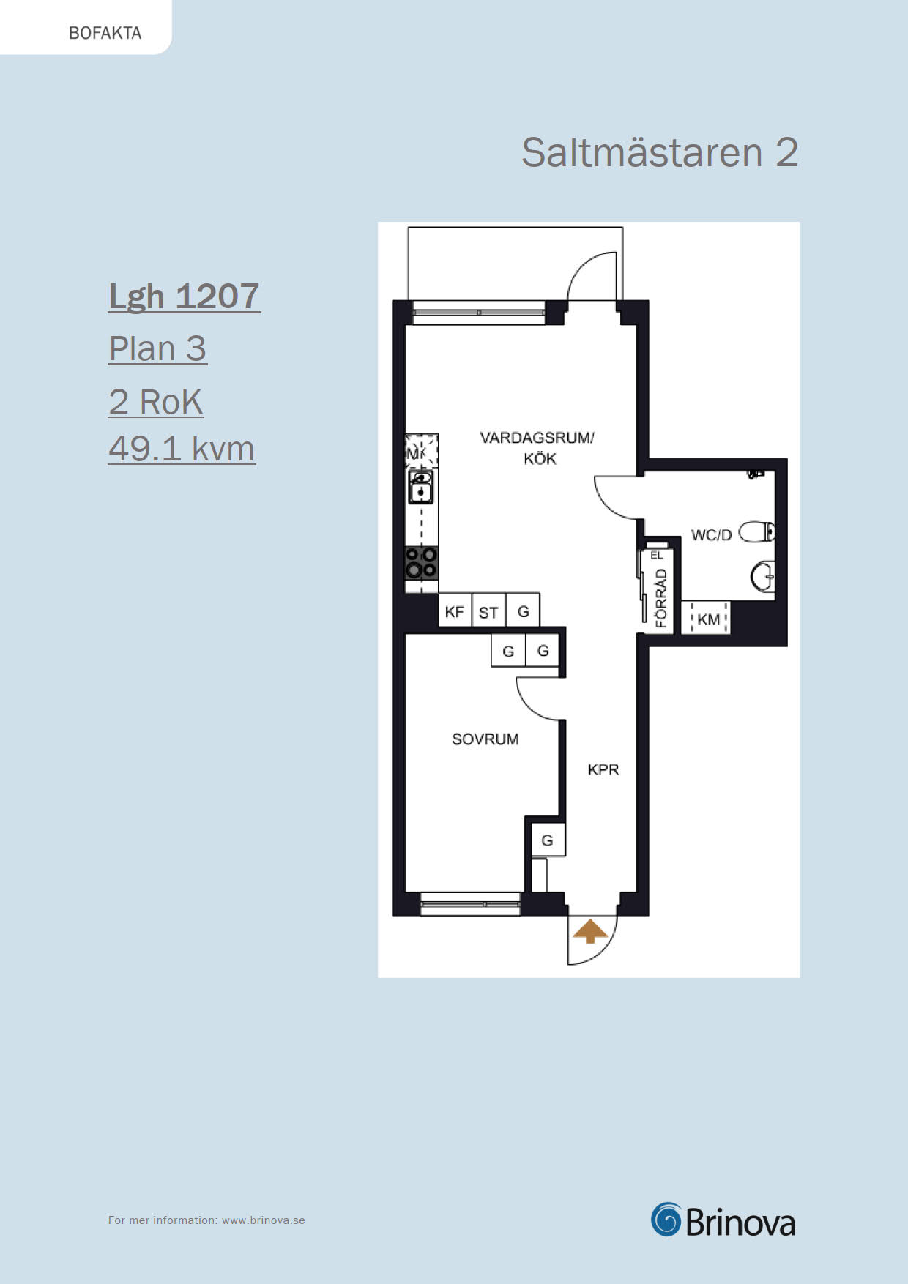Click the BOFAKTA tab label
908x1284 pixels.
[x=105, y=33]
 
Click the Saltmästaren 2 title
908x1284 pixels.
[x=660, y=152]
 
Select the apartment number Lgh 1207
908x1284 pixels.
[x=185, y=297]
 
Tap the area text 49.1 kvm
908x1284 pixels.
[x=182, y=448]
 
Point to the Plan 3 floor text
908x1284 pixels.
[x=157, y=348]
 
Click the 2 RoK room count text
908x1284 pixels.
[x=156, y=401]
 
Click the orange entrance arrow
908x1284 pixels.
[x=590, y=932]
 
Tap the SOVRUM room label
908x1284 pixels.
[x=485, y=739]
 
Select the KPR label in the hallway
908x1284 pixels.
[x=603, y=769]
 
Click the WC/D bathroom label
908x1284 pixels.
[x=711, y=535]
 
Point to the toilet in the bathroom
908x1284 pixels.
[x=757, y=531]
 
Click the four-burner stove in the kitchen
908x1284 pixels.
[x=422, y=563]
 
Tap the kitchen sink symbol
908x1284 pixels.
[x=421, y=486]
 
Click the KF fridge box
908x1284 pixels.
[x=455, y=611]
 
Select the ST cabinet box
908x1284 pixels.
[x=488, y=611]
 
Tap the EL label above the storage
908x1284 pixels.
[x=657, y=556]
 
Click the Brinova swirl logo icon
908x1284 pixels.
[x=666, y=1220]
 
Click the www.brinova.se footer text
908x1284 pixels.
[x=264, y=1220]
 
